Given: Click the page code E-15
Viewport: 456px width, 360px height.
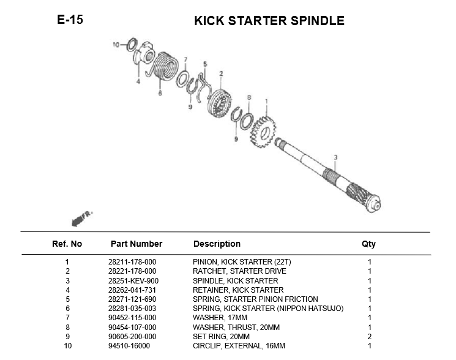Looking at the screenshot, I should coord(70,20).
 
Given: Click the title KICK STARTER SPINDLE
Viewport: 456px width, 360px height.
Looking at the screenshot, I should coord(269,21).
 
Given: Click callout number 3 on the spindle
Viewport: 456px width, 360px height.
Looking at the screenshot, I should coord(335,158).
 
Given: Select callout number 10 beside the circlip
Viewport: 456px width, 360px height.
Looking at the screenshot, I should coord(116,45).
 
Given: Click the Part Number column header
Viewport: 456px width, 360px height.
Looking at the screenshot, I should coord(136,244).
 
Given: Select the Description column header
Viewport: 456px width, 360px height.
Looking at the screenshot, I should coord(217,244).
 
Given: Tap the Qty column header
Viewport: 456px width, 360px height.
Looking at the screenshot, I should coord(368,244).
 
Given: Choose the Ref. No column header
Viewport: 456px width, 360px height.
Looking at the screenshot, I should coord(67,244).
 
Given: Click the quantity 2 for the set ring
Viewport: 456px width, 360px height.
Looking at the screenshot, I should coord(369,336).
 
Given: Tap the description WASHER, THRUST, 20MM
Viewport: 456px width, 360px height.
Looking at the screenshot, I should coord(236,327).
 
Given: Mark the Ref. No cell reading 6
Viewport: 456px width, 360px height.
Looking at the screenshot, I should coord(67,308).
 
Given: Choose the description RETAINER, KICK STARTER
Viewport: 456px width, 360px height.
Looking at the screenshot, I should coord(238,290).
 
